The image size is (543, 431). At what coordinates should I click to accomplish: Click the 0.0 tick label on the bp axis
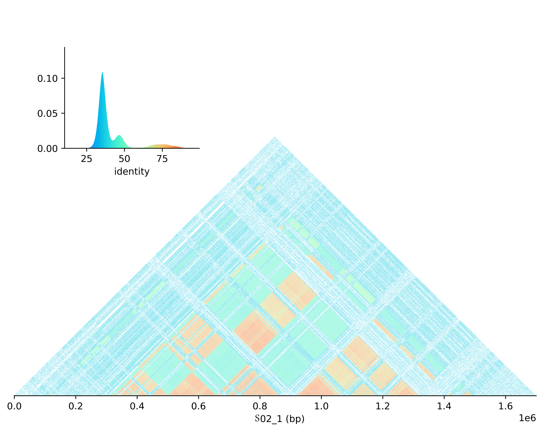click(14, 406)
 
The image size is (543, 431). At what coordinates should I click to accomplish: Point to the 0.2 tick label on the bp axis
click(75, 406)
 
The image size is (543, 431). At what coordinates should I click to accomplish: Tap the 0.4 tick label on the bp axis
click(137, 406)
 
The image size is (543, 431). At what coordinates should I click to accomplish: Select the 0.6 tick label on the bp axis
click(199, 406)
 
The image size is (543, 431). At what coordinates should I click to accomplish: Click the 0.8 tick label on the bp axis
click(260, 406)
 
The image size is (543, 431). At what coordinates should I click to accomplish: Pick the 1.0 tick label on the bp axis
click(321, 406)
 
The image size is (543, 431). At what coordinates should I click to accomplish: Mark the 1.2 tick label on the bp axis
click(383, 406)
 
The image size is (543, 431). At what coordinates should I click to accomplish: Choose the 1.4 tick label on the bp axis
click(444, 406)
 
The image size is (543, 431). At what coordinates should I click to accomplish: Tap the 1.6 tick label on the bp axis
click(505, 406)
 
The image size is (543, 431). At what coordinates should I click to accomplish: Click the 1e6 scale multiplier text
click(527, 418)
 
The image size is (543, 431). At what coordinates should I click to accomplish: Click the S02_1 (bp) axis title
click(280, 419)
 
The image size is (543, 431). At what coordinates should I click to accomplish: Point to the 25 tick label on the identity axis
click(86, 159)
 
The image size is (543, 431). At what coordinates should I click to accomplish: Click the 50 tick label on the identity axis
click(124, 159)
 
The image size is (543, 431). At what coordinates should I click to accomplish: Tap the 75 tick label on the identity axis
click(162, 159)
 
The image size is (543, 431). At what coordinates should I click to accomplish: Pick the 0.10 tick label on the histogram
click(47, 79)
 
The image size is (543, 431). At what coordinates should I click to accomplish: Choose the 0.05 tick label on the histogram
click(47, 114)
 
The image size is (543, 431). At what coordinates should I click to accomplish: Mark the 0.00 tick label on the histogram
click(47, 149)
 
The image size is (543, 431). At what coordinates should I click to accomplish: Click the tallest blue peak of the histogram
click(102, 73)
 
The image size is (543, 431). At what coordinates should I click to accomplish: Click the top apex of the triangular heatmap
click(275, 137)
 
